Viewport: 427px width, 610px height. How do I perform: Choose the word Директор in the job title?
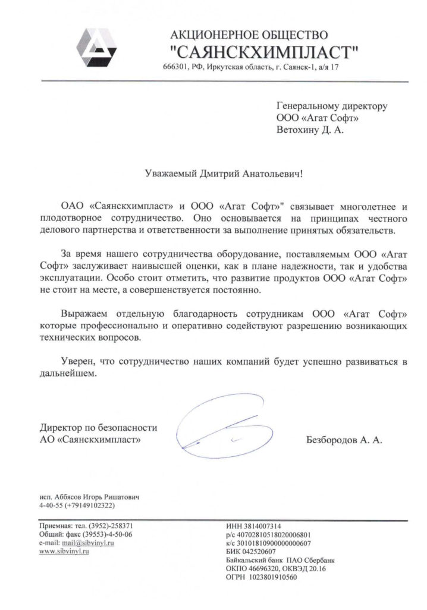tap(59, 428)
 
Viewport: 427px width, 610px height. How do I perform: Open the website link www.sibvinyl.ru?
tap(64, 552)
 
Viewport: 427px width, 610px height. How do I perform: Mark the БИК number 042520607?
tap(263, 552)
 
